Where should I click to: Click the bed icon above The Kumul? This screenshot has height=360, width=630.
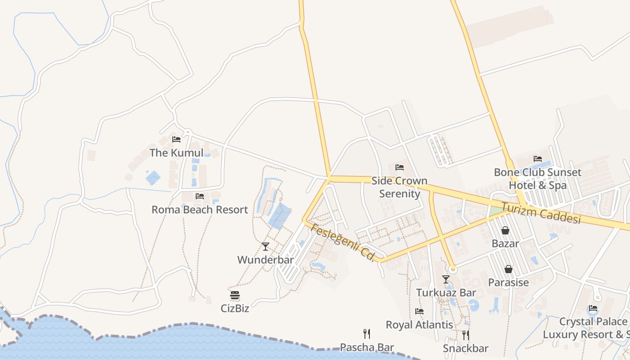[x=176, y=139]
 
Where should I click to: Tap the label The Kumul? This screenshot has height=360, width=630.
[x=176, y=153]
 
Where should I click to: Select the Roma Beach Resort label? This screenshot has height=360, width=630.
[x=199, y=210]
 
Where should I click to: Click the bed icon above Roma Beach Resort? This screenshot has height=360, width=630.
[x=200, y=196]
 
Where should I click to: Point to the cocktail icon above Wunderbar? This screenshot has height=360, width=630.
[x=265, y=247]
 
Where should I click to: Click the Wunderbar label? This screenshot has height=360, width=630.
[x=265, y=260]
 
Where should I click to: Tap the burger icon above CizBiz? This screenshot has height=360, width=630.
[x=235, y=295]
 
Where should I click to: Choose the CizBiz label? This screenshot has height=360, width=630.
[x=235, y=309]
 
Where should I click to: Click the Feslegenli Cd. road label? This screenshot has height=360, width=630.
[x=343, y=243]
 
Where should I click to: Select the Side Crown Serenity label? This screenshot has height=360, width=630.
[x=399, y=187]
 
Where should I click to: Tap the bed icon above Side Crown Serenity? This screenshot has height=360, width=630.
[x=400, y=167]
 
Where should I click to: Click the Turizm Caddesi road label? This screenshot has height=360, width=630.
[x=541, y=213]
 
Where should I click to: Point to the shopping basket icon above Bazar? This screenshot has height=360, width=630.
[x=505, y=230]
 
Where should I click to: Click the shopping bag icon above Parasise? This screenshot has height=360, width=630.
[x=508, y=269]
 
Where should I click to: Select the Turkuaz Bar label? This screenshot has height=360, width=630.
[x=446, y=292]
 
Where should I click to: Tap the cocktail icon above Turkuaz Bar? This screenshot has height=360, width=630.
[x=445, y=279]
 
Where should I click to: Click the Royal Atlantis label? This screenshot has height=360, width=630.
[x=419, y=324]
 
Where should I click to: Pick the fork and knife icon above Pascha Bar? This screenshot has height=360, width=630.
[x=367, y=334]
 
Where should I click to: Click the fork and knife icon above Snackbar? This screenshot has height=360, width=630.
[x=466, y=335]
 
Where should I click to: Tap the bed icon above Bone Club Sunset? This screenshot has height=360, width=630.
[x=538, y=159]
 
